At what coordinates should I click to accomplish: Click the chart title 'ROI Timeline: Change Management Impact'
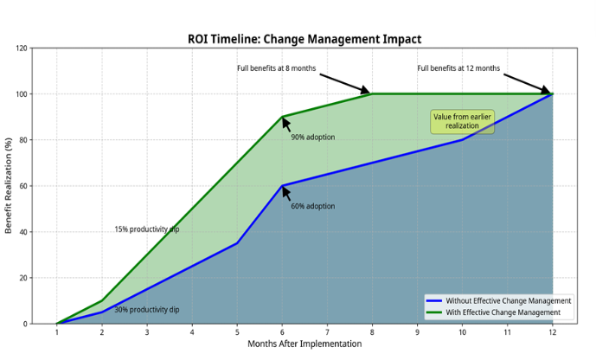click(304, 39)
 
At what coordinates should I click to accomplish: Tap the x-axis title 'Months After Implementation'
click(304, 344)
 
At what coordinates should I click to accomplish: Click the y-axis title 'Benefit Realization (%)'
click(9, 185)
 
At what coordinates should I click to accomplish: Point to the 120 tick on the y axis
click(22, 48)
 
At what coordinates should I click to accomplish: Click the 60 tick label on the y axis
click(23, 186)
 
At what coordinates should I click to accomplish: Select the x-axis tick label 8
click(372, 332)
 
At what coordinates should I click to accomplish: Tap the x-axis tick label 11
click(508, 332)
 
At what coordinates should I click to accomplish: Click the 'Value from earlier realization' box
click(462, 122)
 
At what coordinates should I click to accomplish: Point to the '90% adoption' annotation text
click(313, 138)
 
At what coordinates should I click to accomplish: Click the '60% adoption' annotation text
click(313, 207)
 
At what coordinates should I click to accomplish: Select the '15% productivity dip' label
click(147, 229)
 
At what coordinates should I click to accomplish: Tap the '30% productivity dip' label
click(147, 310)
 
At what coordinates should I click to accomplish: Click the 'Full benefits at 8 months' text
click(276, 68)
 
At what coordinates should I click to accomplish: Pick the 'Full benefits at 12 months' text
click(458, 68)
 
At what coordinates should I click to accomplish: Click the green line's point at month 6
click(282, 117)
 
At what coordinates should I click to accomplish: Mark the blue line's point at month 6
click(282, 186)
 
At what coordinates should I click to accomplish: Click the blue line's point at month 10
click(462, 140)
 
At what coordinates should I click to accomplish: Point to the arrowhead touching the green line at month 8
click(366, 91)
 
